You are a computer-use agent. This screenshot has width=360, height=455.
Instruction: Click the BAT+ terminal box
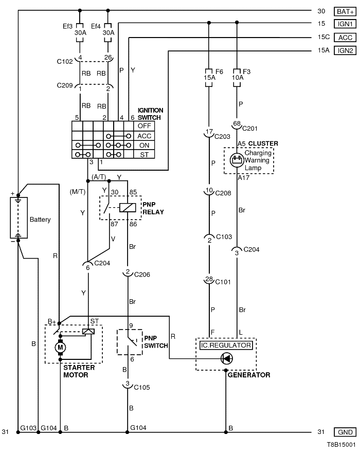344,11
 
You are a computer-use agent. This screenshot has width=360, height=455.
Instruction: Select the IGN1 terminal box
344,24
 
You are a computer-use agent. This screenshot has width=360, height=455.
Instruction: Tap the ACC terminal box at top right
344,37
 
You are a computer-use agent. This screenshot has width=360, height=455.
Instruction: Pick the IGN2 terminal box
344,50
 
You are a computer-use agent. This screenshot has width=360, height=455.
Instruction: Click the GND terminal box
344,432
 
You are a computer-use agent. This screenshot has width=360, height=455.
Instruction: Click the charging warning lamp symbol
237,160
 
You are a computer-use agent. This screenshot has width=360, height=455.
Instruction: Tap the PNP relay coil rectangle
127,208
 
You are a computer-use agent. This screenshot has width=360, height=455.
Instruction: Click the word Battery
40,220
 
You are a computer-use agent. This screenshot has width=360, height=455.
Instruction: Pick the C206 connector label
142,275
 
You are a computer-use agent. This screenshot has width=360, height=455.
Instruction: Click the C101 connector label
224,281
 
